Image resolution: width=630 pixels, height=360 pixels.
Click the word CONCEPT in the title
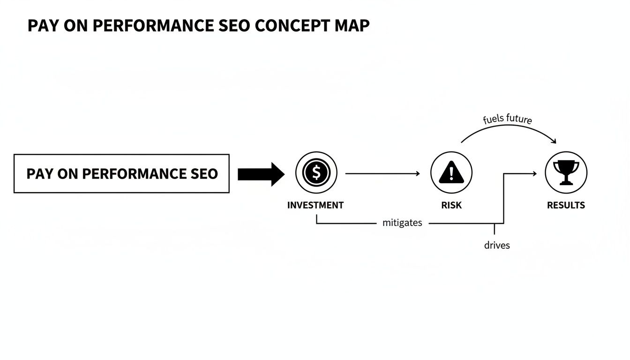[292, 26]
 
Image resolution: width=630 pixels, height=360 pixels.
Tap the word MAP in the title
[352, 26]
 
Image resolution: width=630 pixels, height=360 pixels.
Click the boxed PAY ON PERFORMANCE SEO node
[121, 173]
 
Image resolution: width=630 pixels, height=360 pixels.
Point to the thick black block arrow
[261, 174]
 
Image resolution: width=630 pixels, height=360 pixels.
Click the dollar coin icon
[316, 172]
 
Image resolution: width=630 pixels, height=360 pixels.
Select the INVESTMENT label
[315, 205]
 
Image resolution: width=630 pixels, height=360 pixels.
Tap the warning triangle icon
[451, 172]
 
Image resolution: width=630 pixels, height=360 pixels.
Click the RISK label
[451, 205]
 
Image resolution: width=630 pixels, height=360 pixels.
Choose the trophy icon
[566, 172]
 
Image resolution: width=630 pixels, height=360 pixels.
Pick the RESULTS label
[566, 205]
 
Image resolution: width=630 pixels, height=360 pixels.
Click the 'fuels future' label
[507, 119]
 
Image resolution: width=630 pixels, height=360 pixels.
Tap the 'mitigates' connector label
[402, 223]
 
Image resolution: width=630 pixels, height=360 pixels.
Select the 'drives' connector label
[497, 245]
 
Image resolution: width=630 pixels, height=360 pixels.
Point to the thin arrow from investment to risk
[382, 174]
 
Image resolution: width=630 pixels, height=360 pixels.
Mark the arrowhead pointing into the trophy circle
[534, 174]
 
